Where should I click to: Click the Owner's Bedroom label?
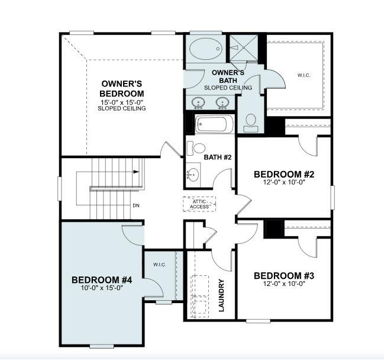122,89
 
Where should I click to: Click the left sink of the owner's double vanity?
198,103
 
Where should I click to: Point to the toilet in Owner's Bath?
250,121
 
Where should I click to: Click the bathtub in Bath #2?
212,125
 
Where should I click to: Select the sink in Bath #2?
193,173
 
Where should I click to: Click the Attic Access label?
199,204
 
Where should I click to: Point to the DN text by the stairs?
135,205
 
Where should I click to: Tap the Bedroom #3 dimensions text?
283,283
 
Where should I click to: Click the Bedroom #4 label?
101,279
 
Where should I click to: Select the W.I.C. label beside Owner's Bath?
303,75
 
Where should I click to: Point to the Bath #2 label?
217,157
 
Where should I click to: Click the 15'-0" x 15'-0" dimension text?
122,102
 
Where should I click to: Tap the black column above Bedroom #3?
273,229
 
